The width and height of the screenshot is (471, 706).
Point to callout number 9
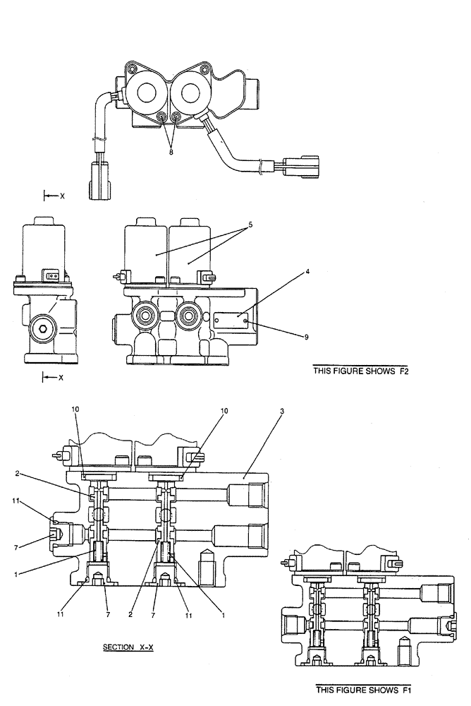click(307, 337)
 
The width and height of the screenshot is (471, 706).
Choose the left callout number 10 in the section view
click(76, 409)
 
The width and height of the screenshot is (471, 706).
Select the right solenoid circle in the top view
click(190, 92)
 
